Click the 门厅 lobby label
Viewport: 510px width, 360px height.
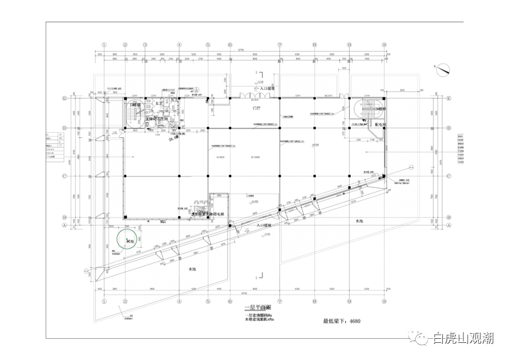[256, 109]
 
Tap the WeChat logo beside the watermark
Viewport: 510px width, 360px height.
[423, 338]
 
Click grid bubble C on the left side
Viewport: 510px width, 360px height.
[65, 176]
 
